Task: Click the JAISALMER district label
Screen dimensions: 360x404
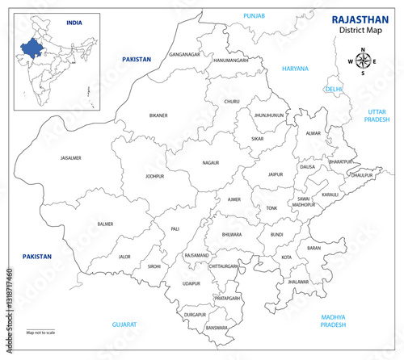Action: click(71, 158)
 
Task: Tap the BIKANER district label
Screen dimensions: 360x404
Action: click(158, 115)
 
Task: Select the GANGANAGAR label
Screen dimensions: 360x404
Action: click(183, 54)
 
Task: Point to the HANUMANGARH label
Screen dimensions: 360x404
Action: click(230, 61)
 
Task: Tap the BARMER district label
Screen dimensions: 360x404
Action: click(105, 223)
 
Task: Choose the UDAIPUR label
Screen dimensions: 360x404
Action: click(191, 284)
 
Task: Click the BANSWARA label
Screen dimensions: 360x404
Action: click(217, 328)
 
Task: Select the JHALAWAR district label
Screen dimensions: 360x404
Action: click(298, 283)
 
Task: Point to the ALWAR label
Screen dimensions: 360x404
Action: click(314, 132)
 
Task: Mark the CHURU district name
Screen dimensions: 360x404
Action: click(232, 102)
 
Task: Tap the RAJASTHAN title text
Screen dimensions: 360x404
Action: click(358, 19)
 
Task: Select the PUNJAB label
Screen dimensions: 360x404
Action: click(255, 15)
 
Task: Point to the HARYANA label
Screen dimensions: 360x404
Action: click(295, 69)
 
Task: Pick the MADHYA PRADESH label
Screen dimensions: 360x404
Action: click(331, 321)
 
